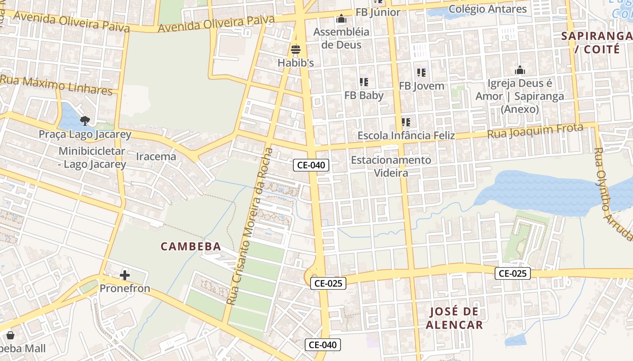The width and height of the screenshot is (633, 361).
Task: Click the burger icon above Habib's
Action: (x=296, y=49)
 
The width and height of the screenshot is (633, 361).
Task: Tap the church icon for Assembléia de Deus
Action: (x=341, y=19)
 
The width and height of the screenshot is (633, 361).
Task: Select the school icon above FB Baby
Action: (x=364, y=82)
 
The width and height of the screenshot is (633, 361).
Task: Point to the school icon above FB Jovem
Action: (x=421, y=72)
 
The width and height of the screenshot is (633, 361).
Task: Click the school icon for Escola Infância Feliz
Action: (x=406, y=122)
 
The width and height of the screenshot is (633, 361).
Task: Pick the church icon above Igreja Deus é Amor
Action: (x=520, y=70)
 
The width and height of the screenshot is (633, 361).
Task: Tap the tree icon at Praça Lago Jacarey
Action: (x=85, y=120)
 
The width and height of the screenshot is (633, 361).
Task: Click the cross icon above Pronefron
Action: (x=125, y=275)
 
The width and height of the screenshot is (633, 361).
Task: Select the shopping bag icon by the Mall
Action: (x=10, y=335)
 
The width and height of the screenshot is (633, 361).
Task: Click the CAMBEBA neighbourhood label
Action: (x=191, y=246)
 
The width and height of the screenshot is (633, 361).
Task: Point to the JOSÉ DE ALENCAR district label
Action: (x=454, y=318)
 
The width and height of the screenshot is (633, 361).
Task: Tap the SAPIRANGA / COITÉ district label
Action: (x=597, y=42)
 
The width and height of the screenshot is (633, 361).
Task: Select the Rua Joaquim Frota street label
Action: (x=535, y=131)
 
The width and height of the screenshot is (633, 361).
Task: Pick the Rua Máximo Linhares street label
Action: (x=56, y=85)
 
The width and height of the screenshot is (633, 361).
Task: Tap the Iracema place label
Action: (x=156, y=157)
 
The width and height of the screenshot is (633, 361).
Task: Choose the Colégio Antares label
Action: (x=487, y=9)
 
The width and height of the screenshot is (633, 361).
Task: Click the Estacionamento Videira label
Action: (x=391, y=166)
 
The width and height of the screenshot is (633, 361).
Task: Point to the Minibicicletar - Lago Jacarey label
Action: (x=92, y=157)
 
